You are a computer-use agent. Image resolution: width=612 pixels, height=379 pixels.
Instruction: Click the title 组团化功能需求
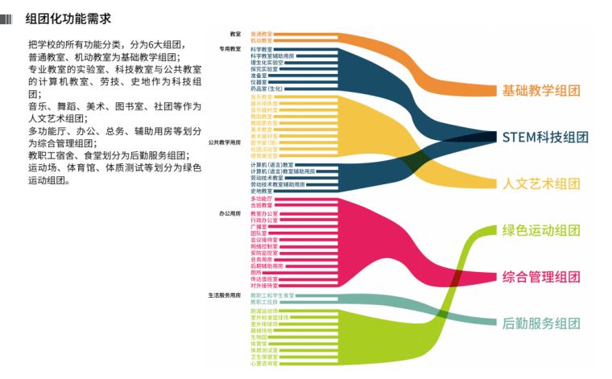[x=68, y=18]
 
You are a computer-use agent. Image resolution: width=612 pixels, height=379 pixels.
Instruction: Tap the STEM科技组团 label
[x=545, y=137]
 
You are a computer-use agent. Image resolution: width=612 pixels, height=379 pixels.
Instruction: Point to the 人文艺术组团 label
[x=540, y=183]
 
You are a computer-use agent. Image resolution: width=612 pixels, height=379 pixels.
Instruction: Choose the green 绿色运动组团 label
[x=540, y=230]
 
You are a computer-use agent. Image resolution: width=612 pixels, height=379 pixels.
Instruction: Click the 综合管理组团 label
[x=540, y=277]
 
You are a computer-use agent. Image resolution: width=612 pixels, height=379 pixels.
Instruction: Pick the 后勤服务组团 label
[x=540, y=323]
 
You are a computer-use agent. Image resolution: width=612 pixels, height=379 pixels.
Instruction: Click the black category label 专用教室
[x=229, y=49]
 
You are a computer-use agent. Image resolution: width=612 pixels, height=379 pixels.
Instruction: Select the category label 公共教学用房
[x=225, y=142]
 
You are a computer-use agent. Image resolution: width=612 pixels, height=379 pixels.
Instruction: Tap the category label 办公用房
[x=229, y=214]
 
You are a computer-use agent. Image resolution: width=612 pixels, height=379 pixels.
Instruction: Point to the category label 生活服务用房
[x=225, y=295]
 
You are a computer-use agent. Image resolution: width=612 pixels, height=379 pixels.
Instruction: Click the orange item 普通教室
[x=262, y=35]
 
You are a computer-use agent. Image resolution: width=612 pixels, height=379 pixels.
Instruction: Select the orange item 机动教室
[x=262, y=40]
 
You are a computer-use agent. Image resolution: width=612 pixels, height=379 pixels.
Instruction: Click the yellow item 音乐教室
[x=262, y=97]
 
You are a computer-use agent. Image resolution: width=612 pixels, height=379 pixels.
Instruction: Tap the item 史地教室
[x=262, y=191]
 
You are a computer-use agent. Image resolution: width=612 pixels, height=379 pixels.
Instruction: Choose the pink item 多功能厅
[x=262, y=198]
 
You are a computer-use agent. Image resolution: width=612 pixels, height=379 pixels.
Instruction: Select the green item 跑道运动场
[x=264, y=311]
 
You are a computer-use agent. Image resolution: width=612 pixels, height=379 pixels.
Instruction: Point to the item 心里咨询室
[x=264, y=363]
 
